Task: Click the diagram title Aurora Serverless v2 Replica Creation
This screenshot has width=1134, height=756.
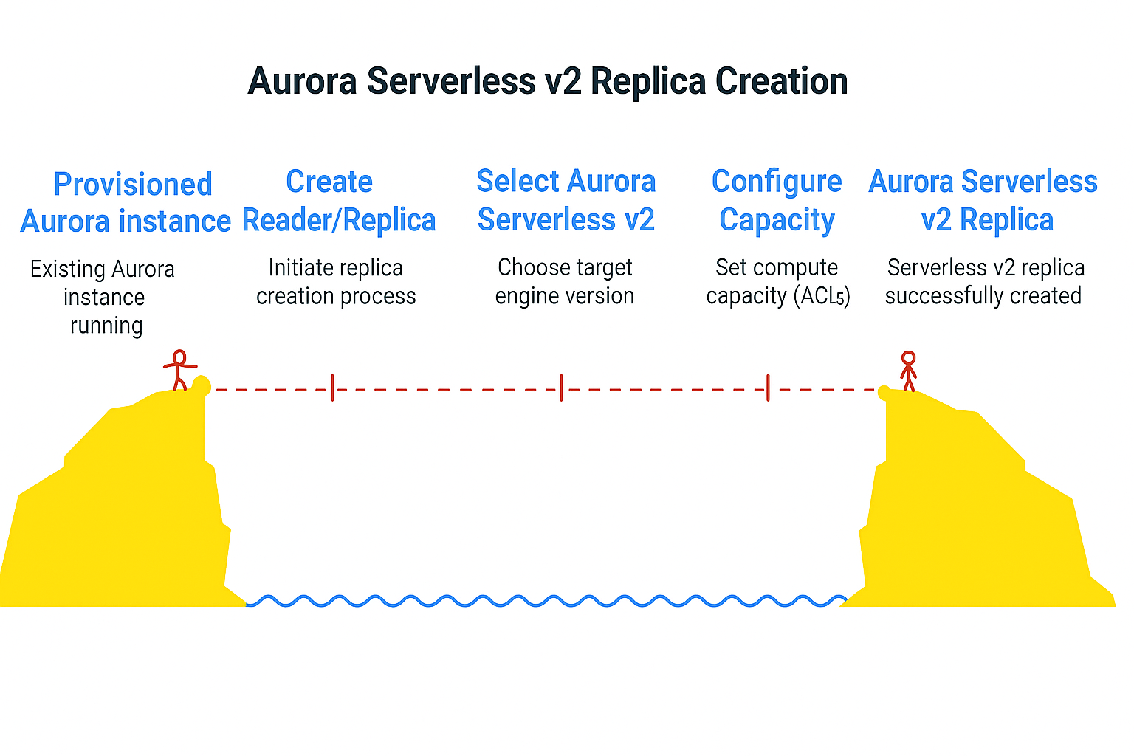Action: tap(547, 81)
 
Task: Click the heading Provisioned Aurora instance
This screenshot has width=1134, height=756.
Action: tap(127, 202)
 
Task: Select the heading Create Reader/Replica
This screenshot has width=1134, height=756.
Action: tap(338, 201)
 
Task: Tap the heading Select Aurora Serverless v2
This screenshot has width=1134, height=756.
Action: tap(566, 200)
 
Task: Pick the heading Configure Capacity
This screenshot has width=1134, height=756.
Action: tap(777, 200)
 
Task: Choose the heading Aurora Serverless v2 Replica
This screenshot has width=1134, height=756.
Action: tap(983, 200)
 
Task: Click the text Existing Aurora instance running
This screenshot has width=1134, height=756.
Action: tap(103, 297)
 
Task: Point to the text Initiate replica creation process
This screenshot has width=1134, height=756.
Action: tap(336, 281)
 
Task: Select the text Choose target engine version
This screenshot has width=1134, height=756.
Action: tap(565, 281)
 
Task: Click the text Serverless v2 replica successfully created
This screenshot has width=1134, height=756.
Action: tap(984, 281)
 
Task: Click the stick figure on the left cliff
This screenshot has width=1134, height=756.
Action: tap(179, 370)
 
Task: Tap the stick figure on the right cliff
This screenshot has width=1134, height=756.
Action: tap(908, 370)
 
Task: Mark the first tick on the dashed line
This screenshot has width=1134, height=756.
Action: tap(332, 388)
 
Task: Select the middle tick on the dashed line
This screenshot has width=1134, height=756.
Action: tap(561, 388)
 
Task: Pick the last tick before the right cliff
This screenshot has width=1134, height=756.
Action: tap(768, 388)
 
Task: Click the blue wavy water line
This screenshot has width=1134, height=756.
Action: tap(546, 601)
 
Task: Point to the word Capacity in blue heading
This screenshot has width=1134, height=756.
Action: tap(777, 220)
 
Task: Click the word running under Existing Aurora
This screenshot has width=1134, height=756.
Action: tap(106, 326)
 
